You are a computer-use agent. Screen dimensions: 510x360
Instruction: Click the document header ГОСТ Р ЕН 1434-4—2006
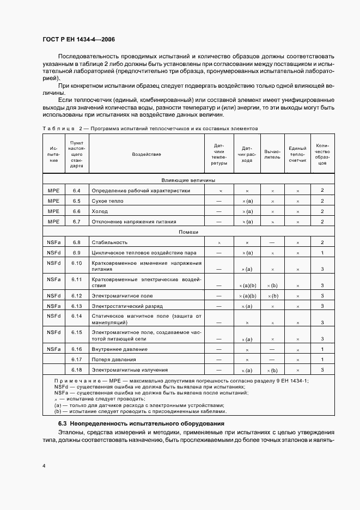(78, 39)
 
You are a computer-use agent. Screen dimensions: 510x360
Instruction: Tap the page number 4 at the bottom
(43, 466)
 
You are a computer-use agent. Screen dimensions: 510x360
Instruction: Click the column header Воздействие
(146, 154)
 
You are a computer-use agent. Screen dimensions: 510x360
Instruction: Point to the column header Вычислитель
(272, 154)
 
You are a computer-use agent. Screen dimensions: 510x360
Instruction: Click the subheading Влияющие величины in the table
(188, 180)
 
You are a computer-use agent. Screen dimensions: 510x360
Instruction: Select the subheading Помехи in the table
(188, 232)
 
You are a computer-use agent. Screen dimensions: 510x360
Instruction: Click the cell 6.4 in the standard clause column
(76, 191)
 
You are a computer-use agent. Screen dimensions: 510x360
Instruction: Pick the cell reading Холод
(100, 211)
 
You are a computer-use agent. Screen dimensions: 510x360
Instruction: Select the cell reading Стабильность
(109, 242)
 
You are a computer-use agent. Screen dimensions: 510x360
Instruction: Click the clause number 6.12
(76, 296)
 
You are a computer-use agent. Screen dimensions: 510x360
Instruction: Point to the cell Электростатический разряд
(125, 306)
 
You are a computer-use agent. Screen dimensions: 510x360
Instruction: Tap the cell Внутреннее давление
(120, 349)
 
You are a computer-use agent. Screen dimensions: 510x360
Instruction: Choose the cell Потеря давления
(114, 360)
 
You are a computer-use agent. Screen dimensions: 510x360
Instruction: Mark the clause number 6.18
(76, 370)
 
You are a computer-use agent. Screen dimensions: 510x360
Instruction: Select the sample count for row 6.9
(322, 253)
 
